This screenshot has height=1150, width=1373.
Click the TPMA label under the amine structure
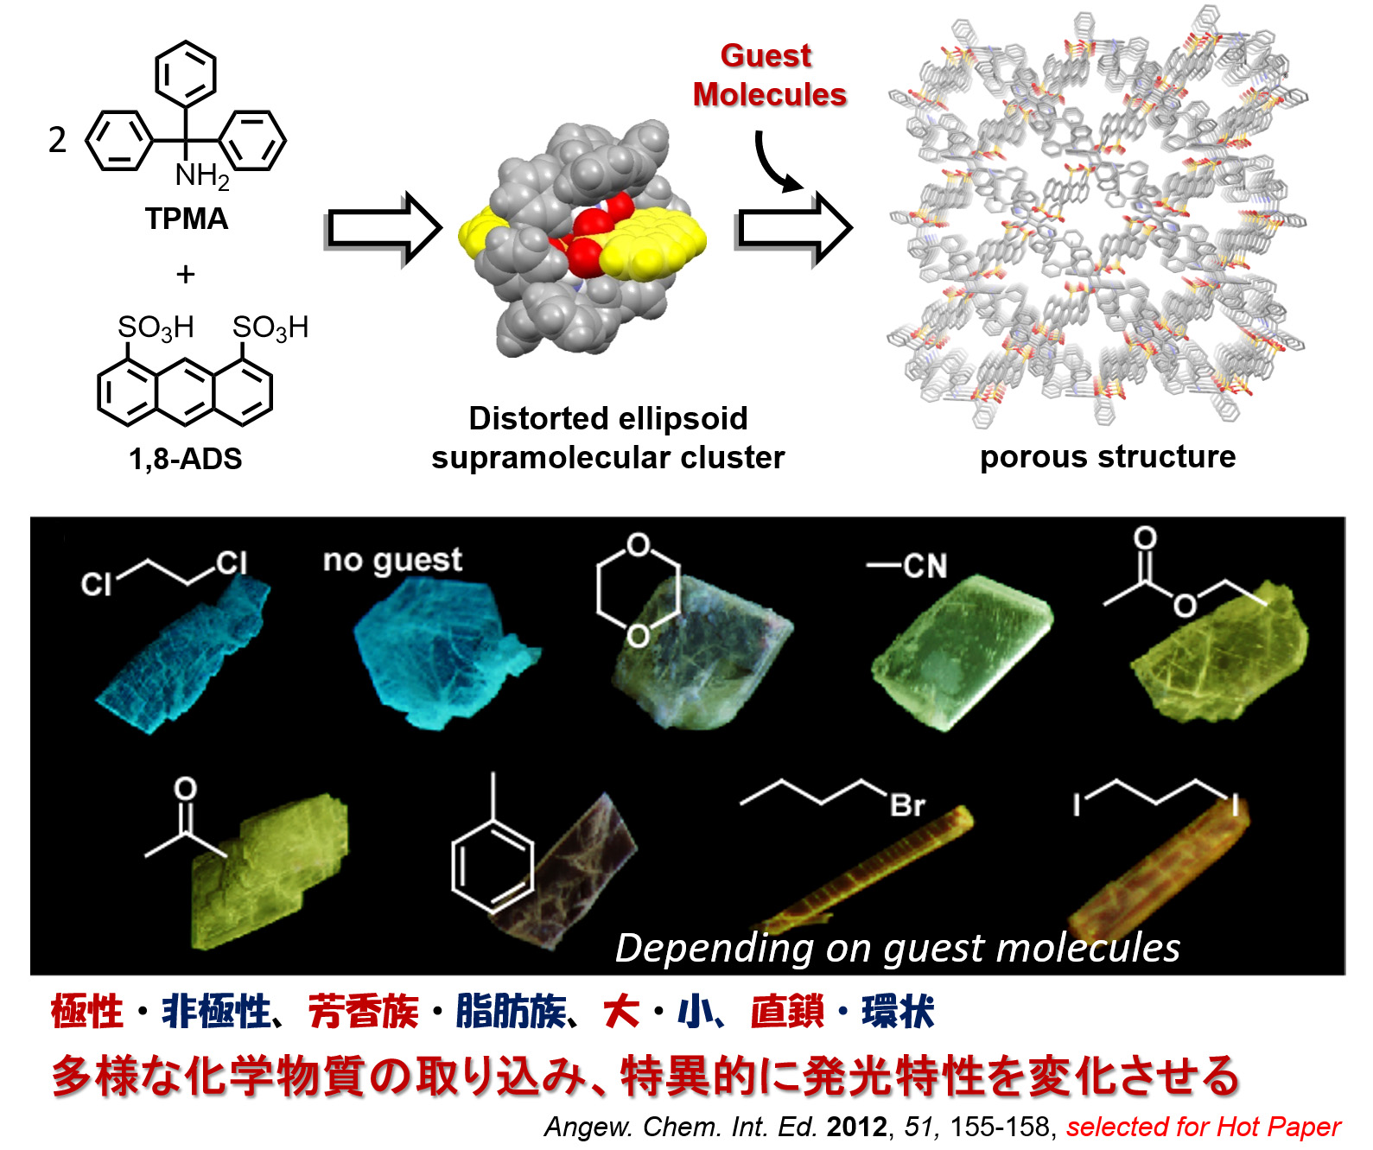coord(186,219)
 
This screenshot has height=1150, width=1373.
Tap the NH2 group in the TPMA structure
coord(201,175)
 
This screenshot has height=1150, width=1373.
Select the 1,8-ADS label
coord(185,458)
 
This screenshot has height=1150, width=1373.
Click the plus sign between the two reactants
coord(185,275)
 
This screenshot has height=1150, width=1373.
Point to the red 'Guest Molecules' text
coord(768,75)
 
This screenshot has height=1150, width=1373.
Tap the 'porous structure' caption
coord(1107,456)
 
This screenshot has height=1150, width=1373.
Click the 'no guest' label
coord(392,561)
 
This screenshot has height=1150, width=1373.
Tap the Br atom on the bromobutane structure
coord(907,805)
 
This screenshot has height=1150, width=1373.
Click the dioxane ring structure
coord(638,591)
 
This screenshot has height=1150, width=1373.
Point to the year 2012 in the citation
coord(856,1127)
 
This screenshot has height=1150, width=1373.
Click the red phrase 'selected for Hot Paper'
coord(1203,1127)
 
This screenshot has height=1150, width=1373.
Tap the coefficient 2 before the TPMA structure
coord(57,140)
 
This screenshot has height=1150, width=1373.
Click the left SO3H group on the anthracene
coord(156,327)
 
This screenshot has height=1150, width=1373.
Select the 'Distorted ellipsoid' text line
coord(607,418)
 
